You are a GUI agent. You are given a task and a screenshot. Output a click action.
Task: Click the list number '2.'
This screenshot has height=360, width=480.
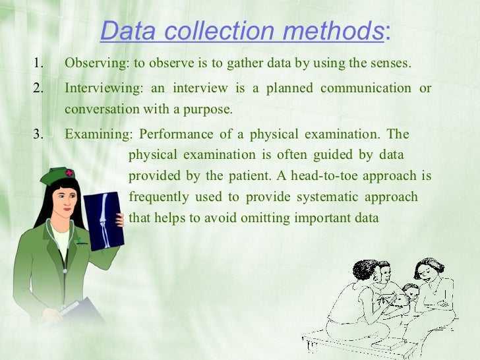click(38, 88)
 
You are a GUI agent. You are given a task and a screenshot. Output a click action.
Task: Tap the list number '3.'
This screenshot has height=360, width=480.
click(38, 135)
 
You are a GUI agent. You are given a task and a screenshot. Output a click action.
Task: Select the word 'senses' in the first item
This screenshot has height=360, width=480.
click(391, 64)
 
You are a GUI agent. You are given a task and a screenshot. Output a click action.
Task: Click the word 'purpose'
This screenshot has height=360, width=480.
click(212, 109)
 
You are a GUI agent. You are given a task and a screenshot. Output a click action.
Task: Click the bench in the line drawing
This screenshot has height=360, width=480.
click(369, 338)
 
